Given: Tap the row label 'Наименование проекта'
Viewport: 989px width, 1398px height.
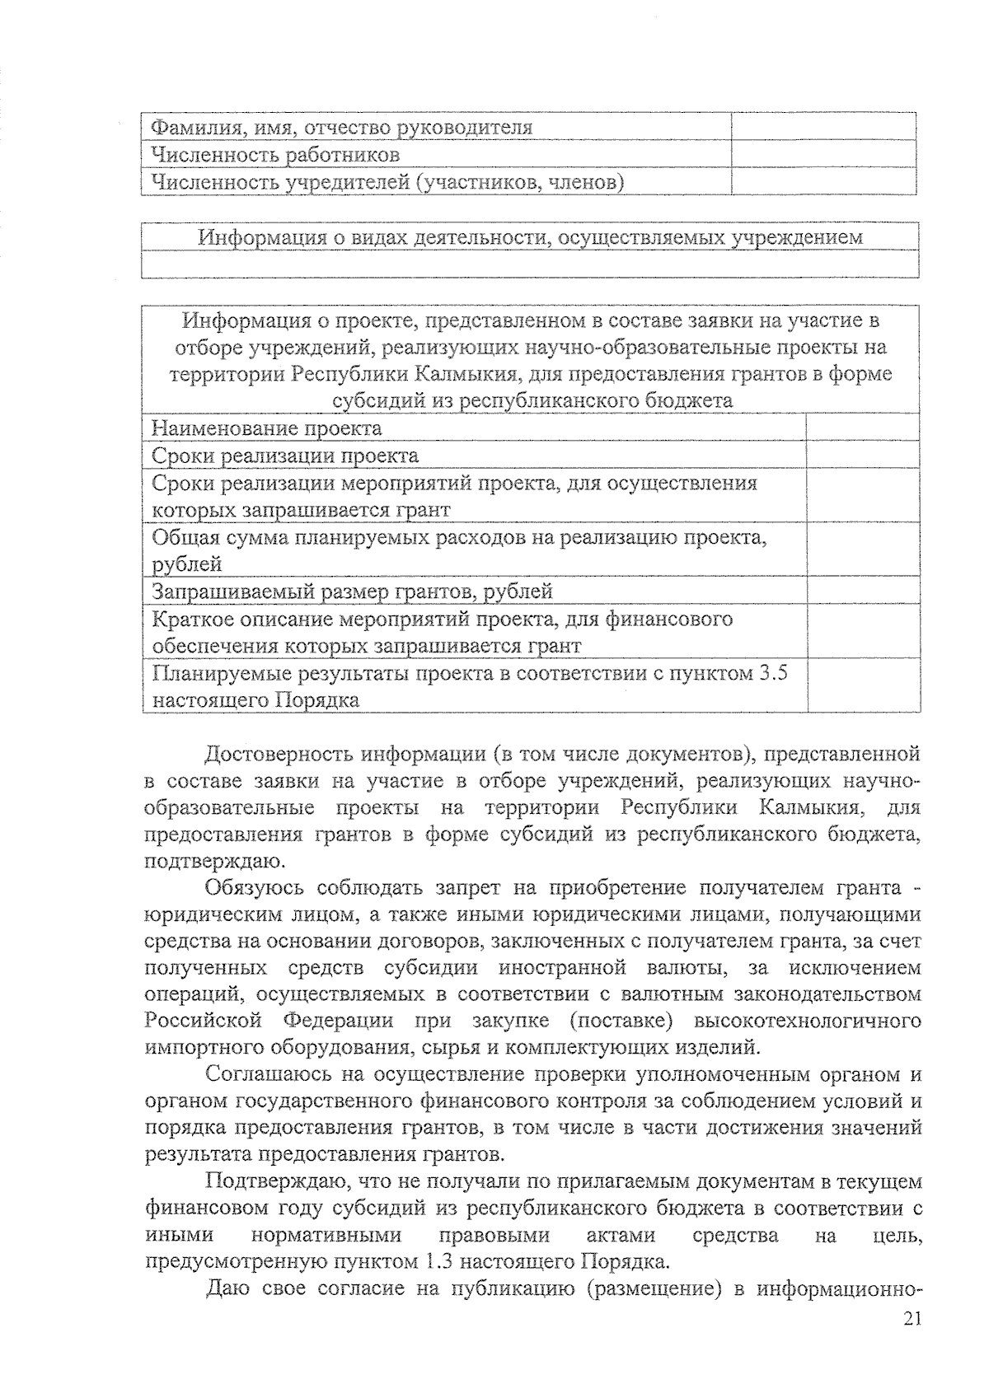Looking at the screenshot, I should [267, 428].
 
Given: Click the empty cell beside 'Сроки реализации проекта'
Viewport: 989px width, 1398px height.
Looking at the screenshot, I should [863, 456].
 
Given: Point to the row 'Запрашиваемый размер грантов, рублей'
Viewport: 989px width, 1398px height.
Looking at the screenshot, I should [352, 591].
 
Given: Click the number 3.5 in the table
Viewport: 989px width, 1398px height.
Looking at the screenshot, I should [771, 674].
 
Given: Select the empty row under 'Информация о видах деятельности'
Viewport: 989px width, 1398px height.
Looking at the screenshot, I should [530, 264].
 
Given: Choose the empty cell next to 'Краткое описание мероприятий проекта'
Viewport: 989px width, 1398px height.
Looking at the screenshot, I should [863, 632].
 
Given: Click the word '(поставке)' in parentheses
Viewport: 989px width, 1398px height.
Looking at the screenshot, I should [621, 1022].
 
